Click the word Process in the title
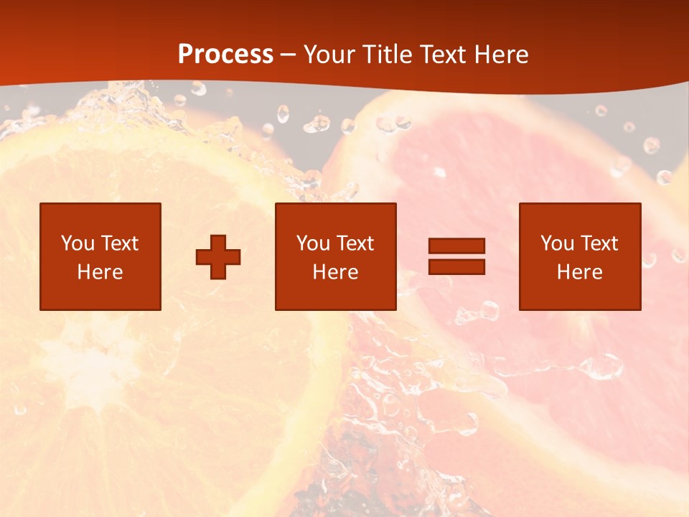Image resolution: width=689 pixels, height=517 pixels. [225, 55]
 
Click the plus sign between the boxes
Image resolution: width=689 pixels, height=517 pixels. [218, 257]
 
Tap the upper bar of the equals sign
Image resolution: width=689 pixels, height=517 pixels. [456, 246]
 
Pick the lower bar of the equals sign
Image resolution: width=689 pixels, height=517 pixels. [456, 267]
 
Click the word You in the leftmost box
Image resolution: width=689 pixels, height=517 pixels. [78, 243]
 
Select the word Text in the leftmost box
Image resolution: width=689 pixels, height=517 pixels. [119, 243]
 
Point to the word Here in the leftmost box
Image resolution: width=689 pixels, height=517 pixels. [100, 272]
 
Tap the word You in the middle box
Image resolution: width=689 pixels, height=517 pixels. [313, 243]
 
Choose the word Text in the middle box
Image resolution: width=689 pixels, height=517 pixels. [355, 243]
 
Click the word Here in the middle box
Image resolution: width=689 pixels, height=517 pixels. [335, 272]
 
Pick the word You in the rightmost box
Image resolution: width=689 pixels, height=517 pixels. [557, 243]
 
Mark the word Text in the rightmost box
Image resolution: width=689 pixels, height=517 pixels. [599, 243]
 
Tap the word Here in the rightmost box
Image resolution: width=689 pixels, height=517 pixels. [579, 272]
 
